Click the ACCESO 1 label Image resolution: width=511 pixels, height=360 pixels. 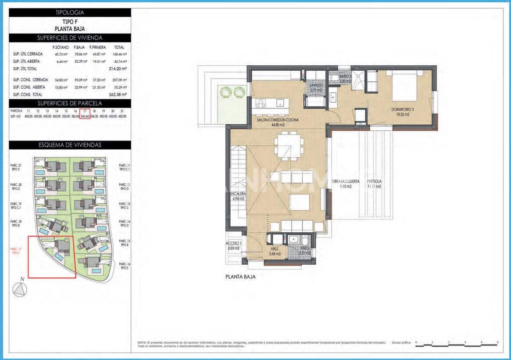click(234, 245)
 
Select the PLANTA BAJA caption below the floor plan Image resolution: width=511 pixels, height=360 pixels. click(240, 277)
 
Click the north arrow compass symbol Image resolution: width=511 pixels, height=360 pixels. click(19, 290)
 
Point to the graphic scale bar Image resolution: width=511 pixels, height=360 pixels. click(456, 346)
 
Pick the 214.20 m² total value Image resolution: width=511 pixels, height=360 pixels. click(118, 69)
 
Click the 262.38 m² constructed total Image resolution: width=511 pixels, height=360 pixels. click(118, 94)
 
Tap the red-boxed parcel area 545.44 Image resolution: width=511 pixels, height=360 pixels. click(85, 116)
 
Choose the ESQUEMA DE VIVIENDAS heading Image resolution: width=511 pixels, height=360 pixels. click(70, 145)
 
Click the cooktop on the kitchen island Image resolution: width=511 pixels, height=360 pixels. click(261, 104)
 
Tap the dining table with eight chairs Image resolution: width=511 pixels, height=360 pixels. click(289, 144)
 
